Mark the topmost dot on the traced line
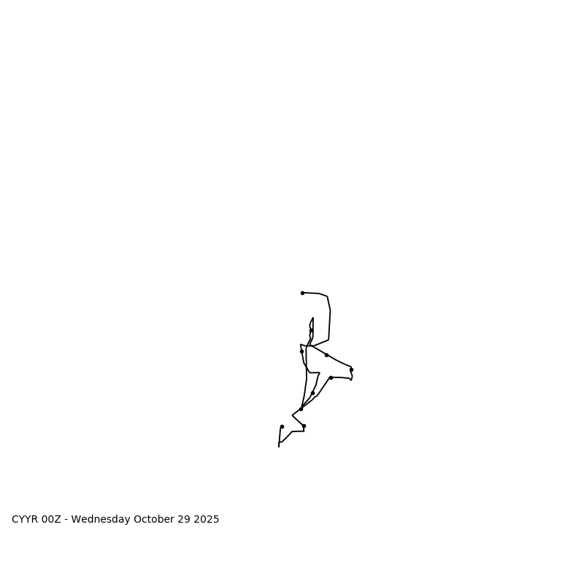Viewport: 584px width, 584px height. click(302, 293)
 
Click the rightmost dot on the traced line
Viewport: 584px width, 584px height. click(351, 369)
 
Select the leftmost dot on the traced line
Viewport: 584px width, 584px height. click(282, 426)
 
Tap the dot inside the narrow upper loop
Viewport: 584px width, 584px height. click(311, 330)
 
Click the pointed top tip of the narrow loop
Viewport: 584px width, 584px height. click(313, 318)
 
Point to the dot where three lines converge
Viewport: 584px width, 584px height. click(301, 409)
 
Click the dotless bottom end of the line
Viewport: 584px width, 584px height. click(279, 446)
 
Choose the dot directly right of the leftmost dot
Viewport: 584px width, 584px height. click(304, 426)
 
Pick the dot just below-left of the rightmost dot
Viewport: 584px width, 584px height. click(331, 377)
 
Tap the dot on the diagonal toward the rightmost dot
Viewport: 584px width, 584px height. click(326, 355)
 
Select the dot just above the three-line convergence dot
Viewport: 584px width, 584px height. click(312, 393)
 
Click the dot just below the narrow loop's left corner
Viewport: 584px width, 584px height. click(301, 351)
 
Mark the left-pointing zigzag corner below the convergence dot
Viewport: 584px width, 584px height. click(292, 416)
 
